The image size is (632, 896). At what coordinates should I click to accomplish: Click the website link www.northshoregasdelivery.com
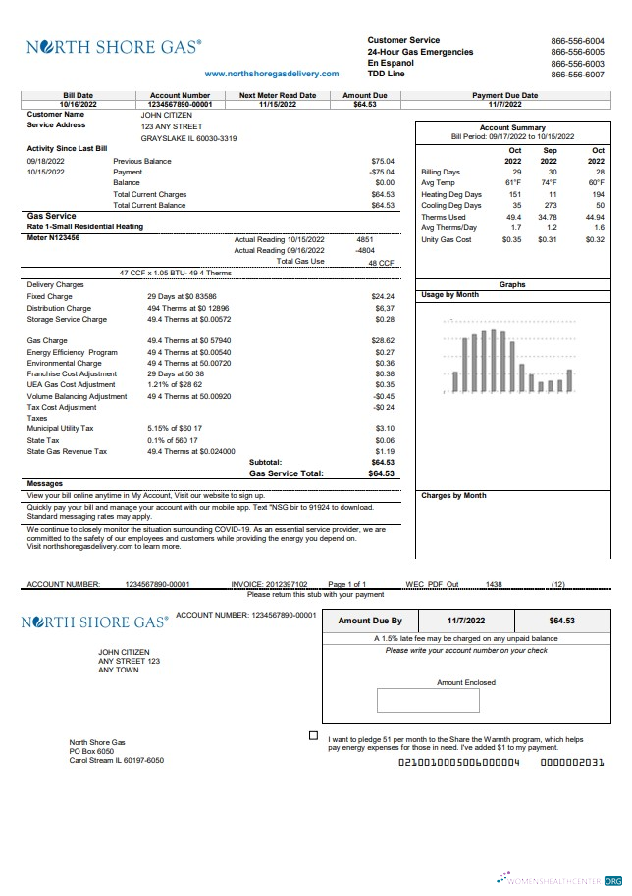(272, 74)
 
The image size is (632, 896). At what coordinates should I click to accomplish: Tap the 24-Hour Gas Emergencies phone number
(577, 52)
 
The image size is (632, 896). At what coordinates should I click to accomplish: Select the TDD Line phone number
(577, 75)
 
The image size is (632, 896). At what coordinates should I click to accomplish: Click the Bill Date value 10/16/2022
(79, 104)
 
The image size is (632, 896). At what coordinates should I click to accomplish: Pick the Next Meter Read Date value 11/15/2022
(278, 104)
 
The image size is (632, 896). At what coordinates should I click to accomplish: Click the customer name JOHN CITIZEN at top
(167, 115)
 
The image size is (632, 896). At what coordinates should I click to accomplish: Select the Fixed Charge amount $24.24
(383, 296)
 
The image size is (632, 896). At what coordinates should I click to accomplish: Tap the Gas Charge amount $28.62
(383, 340)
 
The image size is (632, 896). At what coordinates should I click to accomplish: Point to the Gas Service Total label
(286, 473)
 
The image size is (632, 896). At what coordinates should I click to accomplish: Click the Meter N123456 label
(53, 237)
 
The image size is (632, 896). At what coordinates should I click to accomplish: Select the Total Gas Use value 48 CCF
(381, 263)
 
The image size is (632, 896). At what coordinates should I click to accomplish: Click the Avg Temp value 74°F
(549, 183)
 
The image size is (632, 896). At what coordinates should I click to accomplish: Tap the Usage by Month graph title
(449, 295)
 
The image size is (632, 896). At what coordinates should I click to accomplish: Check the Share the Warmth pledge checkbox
(313, 735)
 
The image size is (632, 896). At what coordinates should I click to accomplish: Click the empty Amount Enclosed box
(427, 700)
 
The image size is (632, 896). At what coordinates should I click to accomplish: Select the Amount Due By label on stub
(370, 622)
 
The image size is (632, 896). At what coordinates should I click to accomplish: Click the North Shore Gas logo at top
(114, 46)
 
